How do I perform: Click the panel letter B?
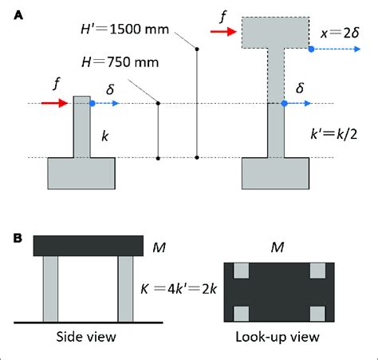tap(16, 239)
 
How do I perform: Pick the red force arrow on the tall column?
tap(225, 33)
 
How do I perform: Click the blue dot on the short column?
tap(93, 104)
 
